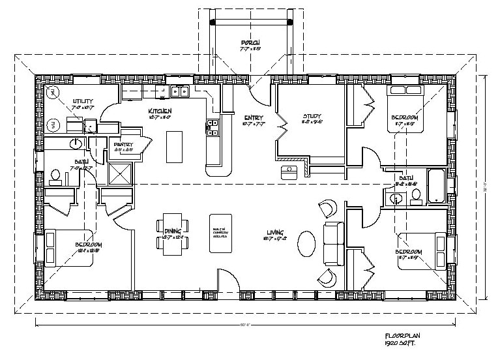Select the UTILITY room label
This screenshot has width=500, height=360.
tap(82, 101)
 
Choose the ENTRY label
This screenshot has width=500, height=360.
tap(252, 117)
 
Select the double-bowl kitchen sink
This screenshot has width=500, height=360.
tap(181, 91)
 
